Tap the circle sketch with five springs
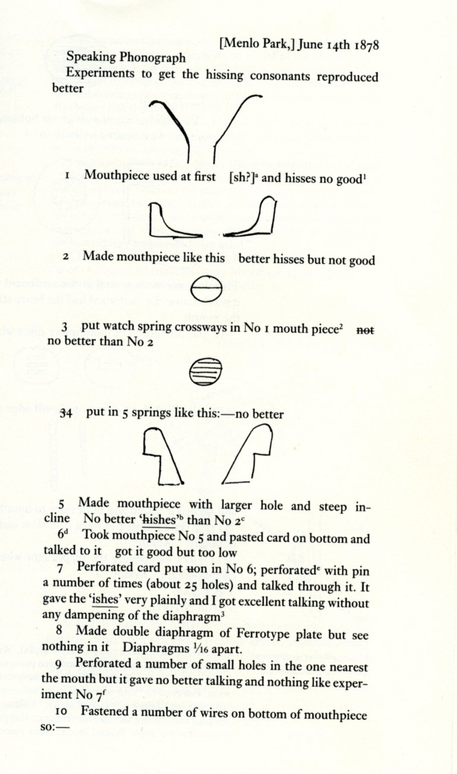(x=205, y=372)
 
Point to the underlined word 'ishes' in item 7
(x=107, y=600)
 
